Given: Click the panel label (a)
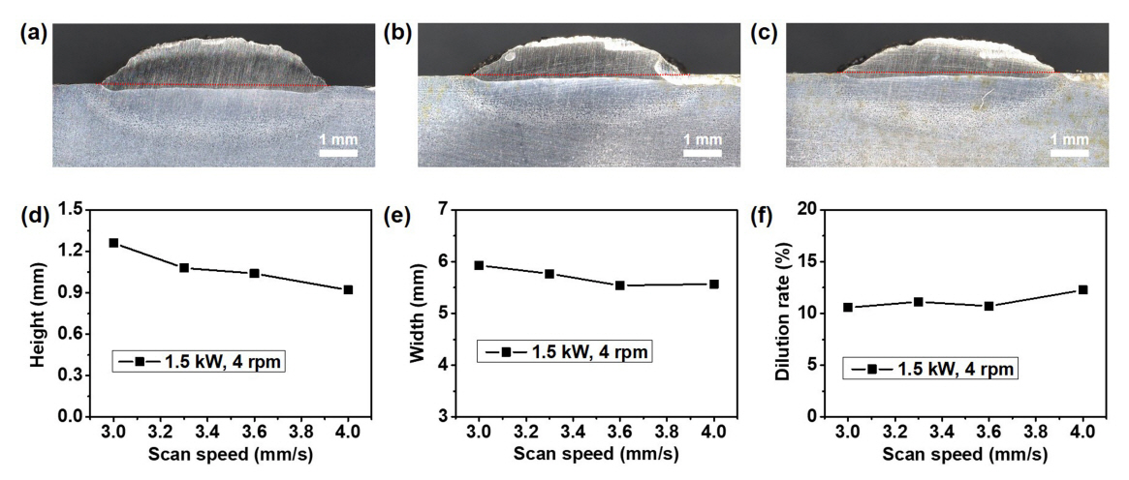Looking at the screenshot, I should (33, 32).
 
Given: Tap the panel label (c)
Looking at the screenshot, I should (766, 32).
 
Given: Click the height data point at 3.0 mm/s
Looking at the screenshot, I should (113, 243).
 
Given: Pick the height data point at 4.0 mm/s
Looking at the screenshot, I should (348, 289).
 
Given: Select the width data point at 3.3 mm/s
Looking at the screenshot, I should (549, 274).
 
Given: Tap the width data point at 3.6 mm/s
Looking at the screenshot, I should (619, 285).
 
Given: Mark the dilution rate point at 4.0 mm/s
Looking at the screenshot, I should (1082, 289).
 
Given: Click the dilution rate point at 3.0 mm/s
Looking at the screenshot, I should (848, 307).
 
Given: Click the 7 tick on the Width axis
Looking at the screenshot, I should (442, 209).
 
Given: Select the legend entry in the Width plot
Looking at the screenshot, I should (564, 350).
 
